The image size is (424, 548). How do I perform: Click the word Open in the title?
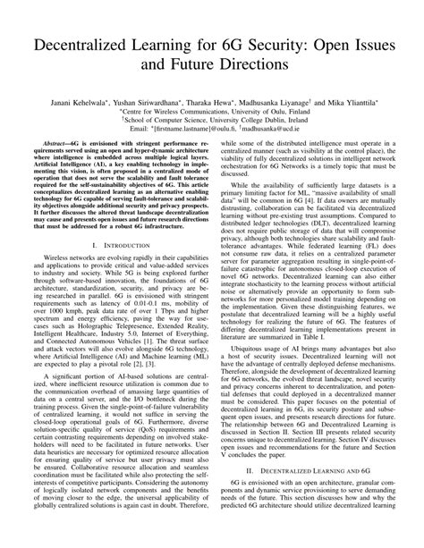(326, 47)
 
